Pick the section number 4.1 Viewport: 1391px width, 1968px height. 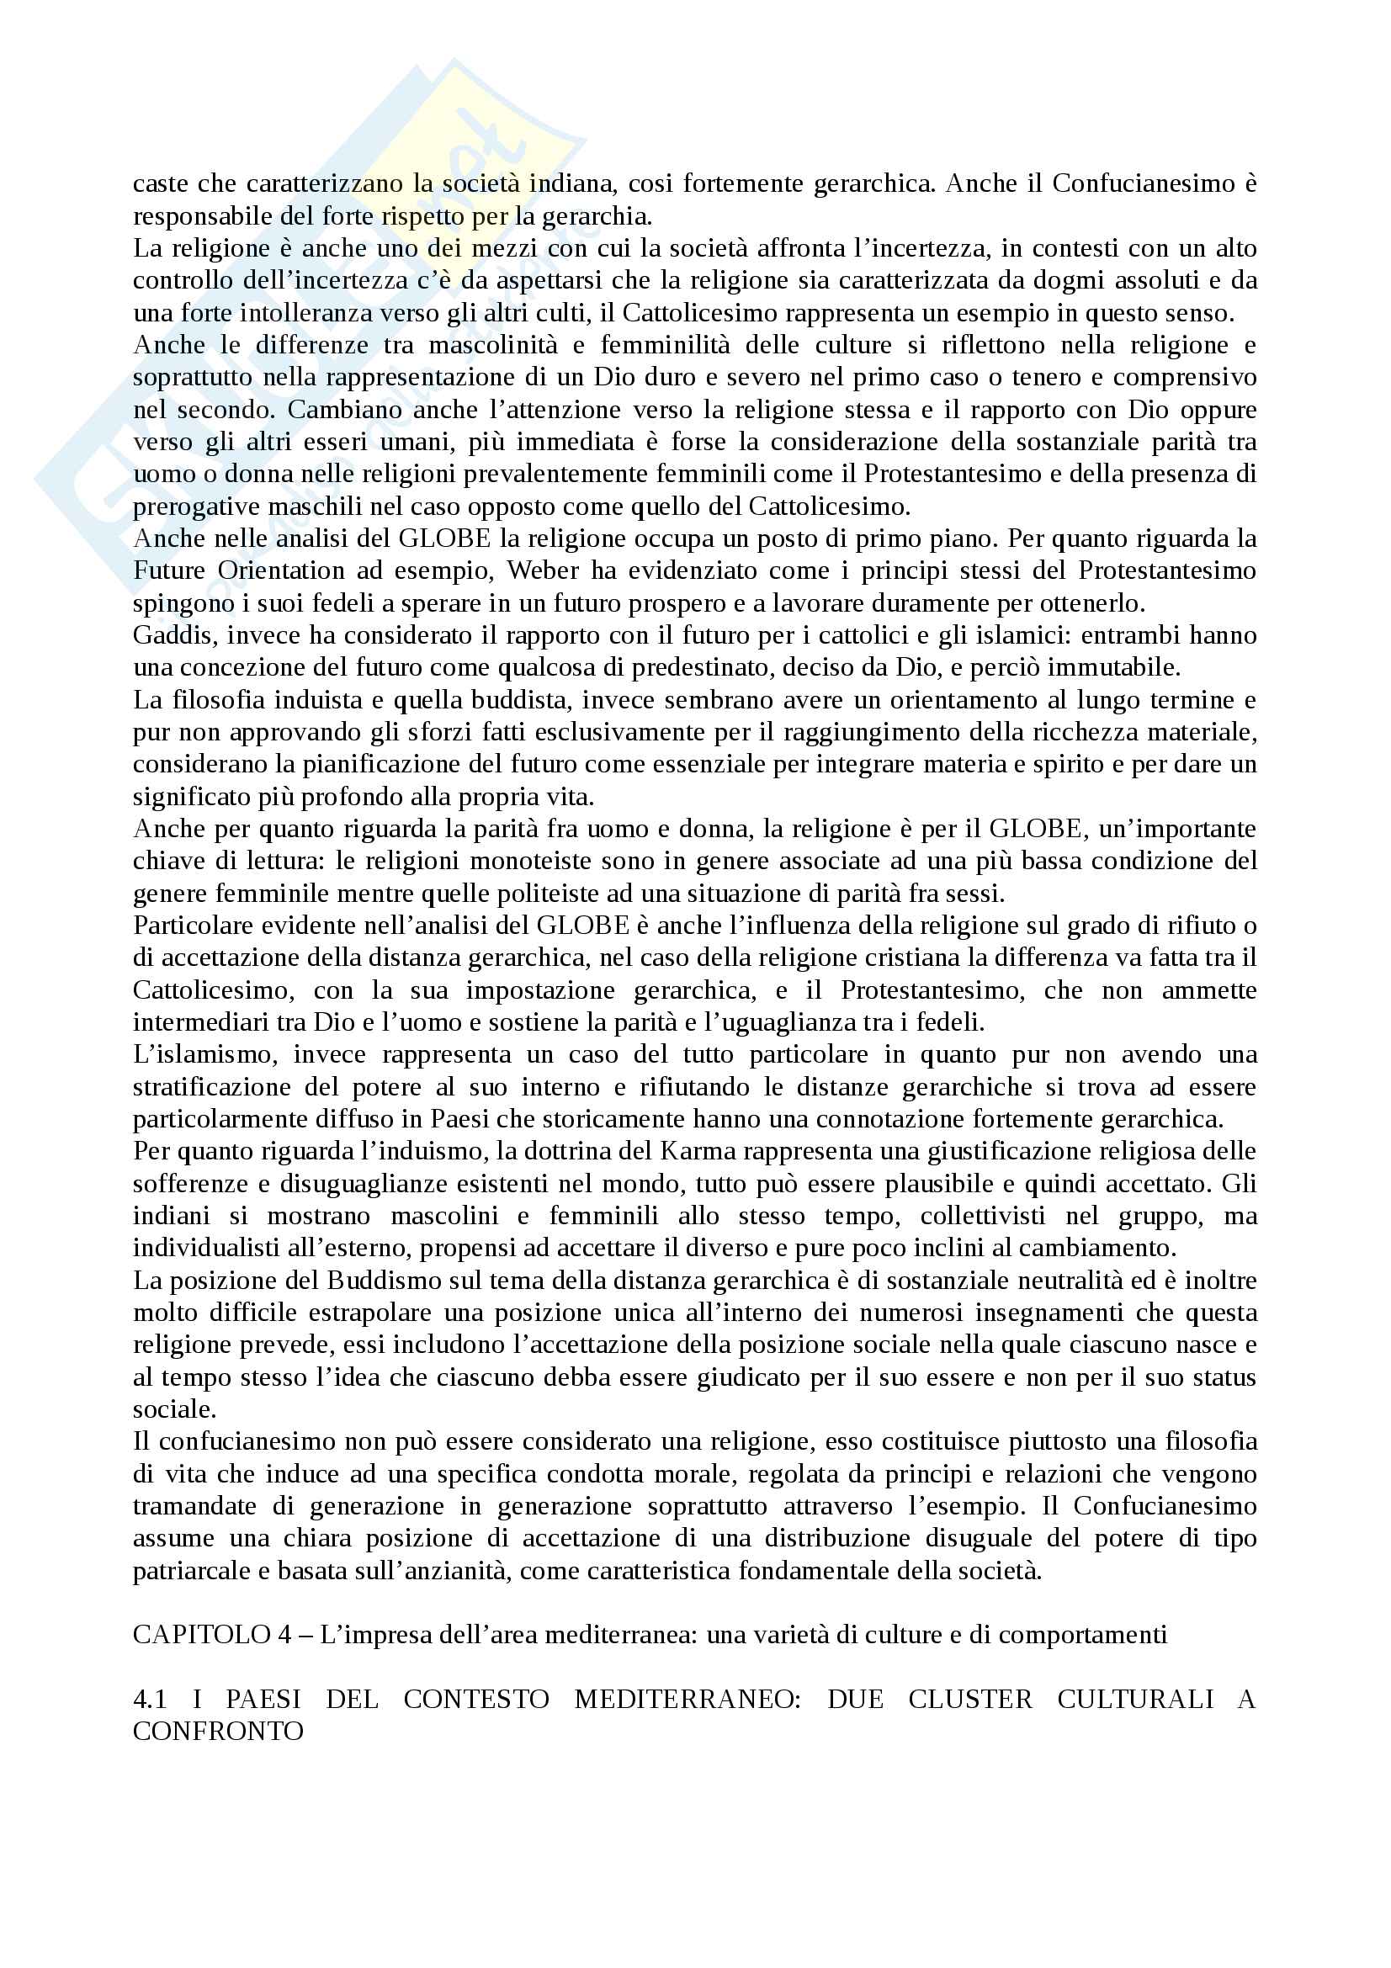[150, 1699]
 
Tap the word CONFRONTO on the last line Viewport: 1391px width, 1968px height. [218, 1731]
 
